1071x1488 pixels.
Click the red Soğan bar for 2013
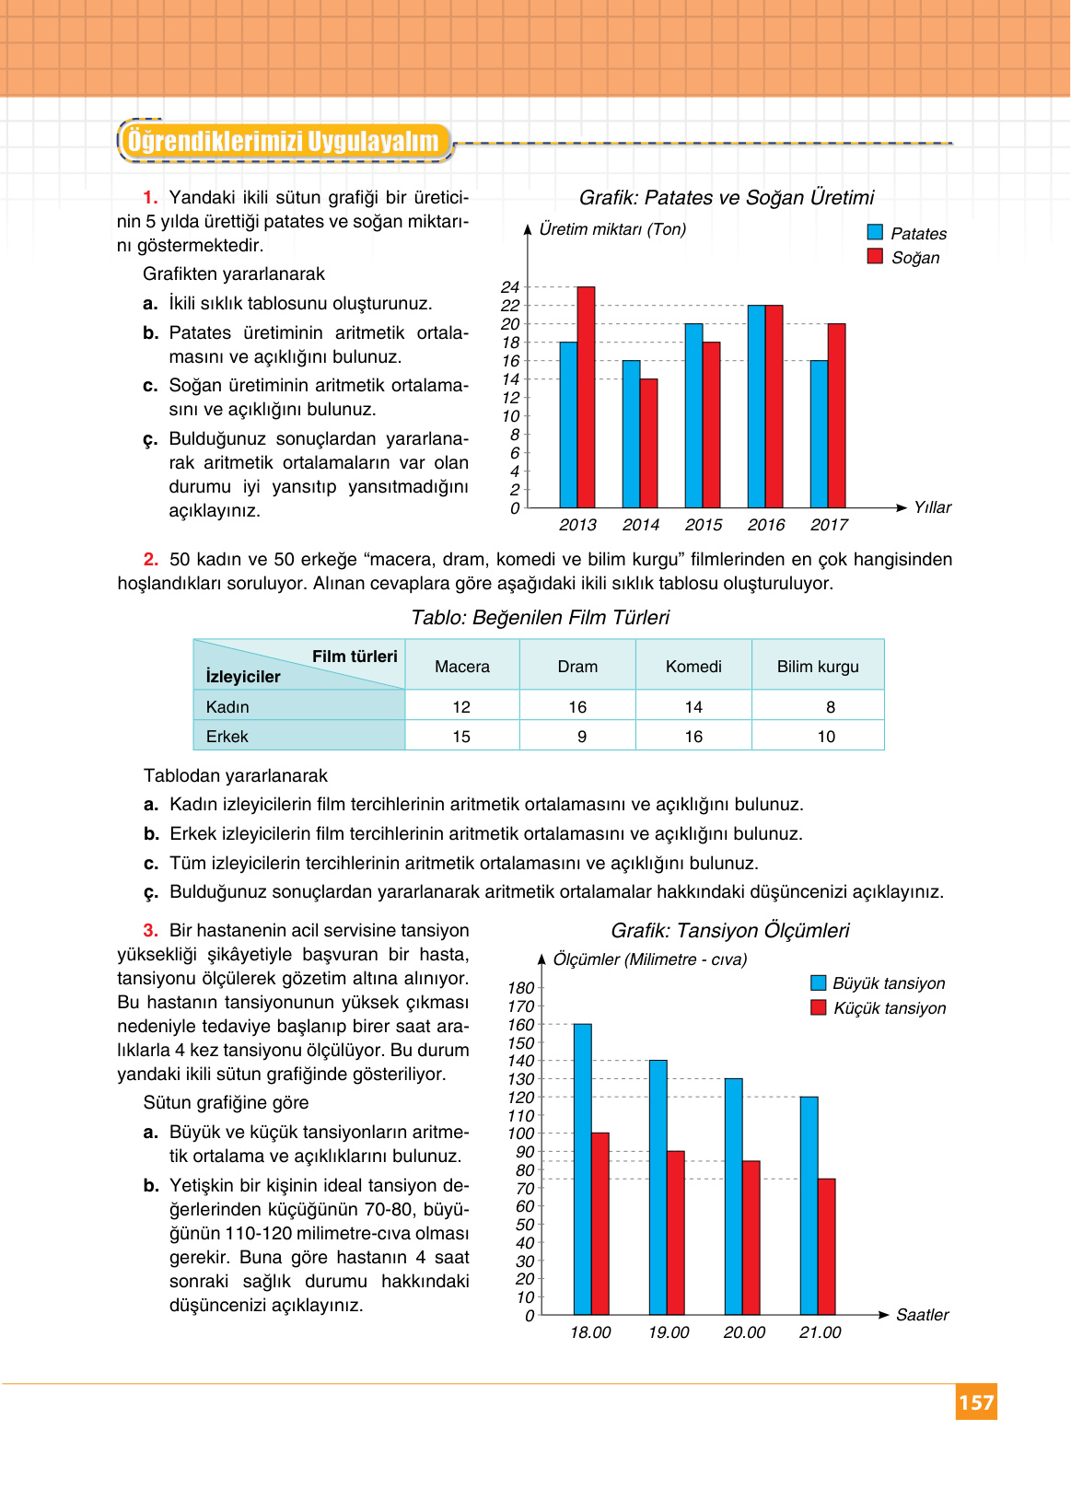tap(586, 398)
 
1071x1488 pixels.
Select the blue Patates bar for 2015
tap(693, 416)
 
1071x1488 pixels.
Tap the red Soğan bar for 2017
tap(836, 416)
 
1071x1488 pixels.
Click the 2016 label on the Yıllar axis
tap(766, 525)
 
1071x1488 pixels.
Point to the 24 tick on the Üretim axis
tap(510, 287)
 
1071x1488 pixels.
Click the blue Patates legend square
tap(875, 233)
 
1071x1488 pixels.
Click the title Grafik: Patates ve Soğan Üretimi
tap(726, 198)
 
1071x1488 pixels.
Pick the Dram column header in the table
tap(577, 667)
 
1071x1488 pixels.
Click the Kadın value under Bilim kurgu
tap(831, 707)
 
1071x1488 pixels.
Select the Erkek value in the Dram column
tap(581, 737)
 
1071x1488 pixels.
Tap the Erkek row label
tap(227, 737)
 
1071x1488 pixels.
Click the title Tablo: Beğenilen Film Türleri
tap(540, 618)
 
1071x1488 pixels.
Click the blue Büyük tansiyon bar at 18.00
tap(582, 1169)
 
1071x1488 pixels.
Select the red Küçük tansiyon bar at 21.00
tap(826, 1247)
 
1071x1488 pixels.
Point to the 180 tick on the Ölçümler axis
tap(520, 988)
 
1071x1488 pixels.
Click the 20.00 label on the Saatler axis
tap(744, 1332)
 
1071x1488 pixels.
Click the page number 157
tap(976, 1402)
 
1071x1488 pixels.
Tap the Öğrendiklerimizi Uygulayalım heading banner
tap(284, 142)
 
